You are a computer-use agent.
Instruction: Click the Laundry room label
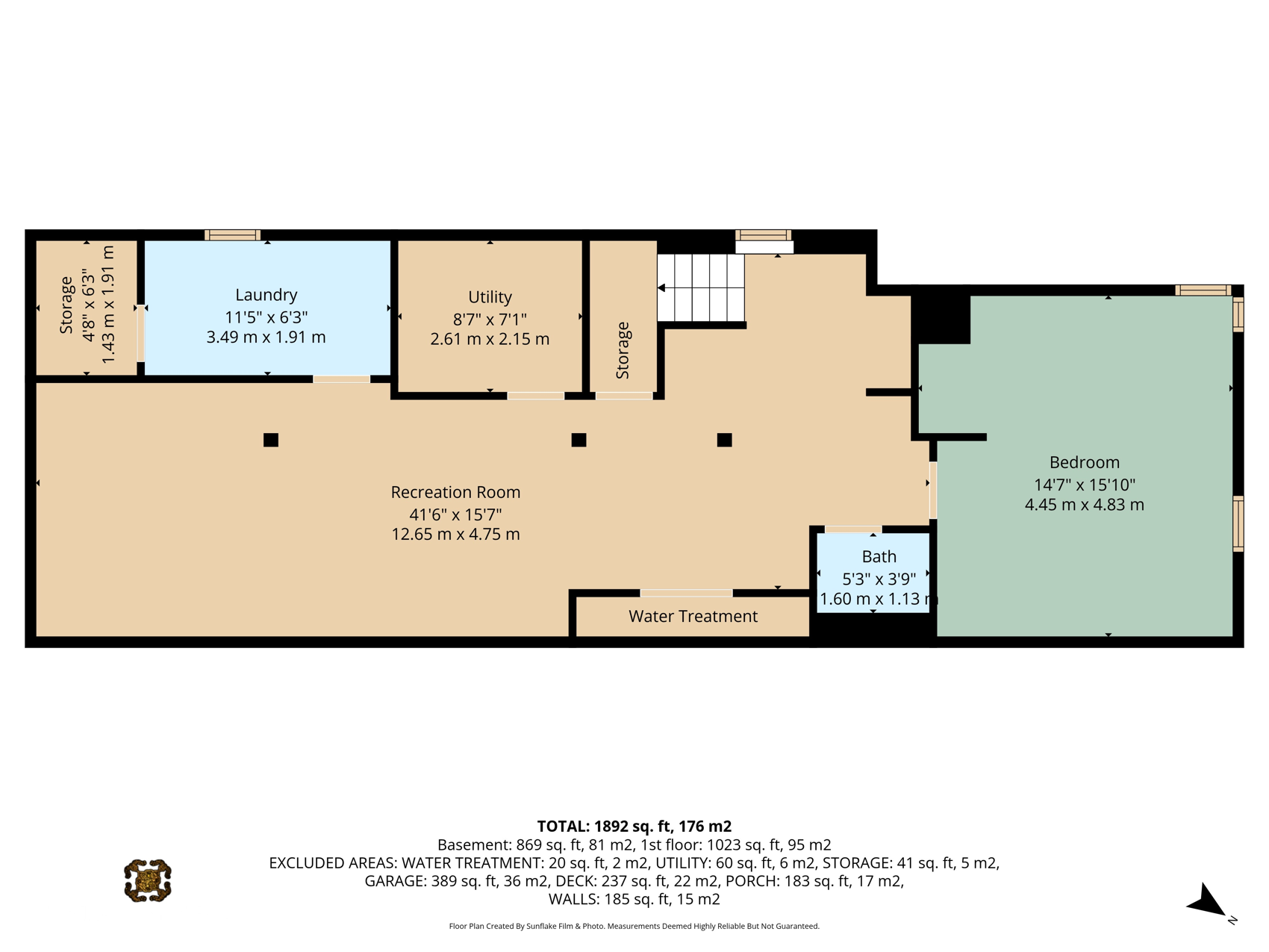pyautogui.click(x=266, y=295)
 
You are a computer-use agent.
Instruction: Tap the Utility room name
pyautogui.click(x=490, y=297)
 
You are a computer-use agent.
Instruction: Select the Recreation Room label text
pyautogui.click(x=455, y=492)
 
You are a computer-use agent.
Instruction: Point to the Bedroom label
pyautogui.click(x=1084, y=462)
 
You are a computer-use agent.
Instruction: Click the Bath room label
pyautogui.click(x=879, y=556)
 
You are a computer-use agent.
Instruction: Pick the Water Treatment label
pyautogui.click(x=693, y=616)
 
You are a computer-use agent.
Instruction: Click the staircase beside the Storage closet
pyautogui.click(x=701, y=288)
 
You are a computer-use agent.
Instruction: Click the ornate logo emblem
pyautogui.click(x=148, y=880)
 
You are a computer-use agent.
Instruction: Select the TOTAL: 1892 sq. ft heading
pyautogui.click(x=634, y=827)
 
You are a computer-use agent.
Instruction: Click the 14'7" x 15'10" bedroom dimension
pyautogui.click(x=1084, y=485)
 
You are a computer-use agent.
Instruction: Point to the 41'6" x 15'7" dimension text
pyautogui.click(x=455, y=514)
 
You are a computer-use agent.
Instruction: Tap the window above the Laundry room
pyautogui.click(x=232, y=234)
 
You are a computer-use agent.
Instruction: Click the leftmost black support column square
pyautogui.click(x=271, y=440)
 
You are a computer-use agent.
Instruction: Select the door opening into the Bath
pyautogui.click(x=853, y=529)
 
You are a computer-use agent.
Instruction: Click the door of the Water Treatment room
pyautogui.click(x=687, y=593)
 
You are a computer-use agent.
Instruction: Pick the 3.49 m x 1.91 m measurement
pyautogui.click(x=266, y=337)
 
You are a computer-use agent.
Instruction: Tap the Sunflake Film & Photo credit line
pyautogui.click(x=634, y=926)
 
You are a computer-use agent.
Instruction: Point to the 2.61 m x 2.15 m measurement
pyautogui.click(x=490, y=339)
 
